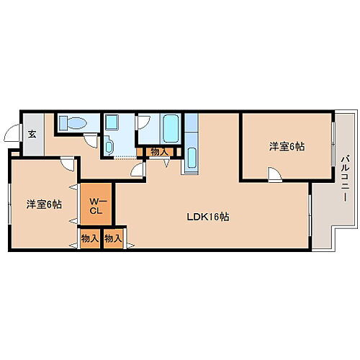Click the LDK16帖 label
(208, 215)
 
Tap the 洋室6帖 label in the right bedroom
(287, 147)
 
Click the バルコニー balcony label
(346, 178)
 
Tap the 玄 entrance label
(32, 133)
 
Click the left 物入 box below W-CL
(90, 238)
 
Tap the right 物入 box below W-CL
(113, 238)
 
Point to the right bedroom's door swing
(274, 173)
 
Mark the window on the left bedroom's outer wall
(9, 202)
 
